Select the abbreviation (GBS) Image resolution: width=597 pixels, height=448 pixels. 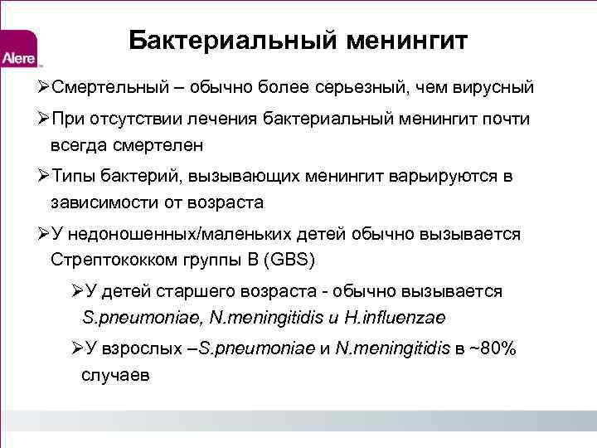[285, 259]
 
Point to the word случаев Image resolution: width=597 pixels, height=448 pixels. [115, 375]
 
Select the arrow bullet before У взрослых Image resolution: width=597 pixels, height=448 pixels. [77, 349]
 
